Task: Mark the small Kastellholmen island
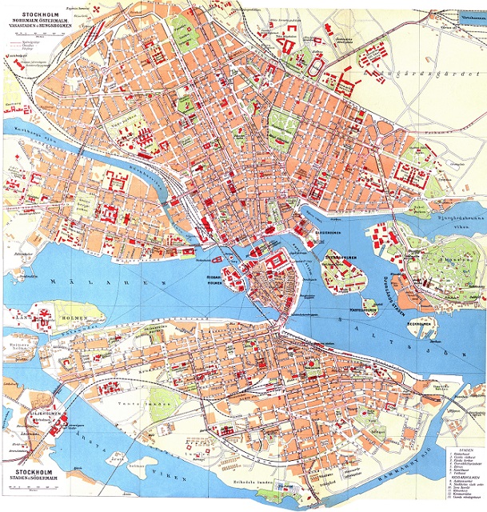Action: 367,302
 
